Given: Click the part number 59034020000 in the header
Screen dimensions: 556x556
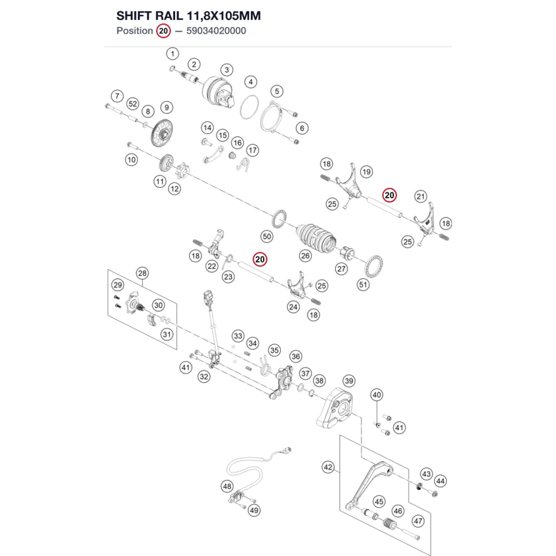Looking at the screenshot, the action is point(216,31).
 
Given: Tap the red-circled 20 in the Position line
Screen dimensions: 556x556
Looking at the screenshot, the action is point(163,31).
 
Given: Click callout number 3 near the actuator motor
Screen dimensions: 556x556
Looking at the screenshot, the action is point(227,69).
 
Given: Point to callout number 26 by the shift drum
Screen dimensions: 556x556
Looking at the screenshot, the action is point(305,256).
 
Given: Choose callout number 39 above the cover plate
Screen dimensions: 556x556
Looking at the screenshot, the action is point(349,381).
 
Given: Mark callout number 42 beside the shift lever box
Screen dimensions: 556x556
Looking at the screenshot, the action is point(328,467).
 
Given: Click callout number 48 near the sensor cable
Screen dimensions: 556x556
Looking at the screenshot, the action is point(227,486).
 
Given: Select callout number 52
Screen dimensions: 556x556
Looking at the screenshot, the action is point(133,104).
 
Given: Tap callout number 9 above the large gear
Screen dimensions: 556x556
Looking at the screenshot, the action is point(167,107).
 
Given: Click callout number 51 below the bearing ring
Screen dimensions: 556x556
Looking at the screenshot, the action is point(363,284).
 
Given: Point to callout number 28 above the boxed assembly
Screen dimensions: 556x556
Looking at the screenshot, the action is point(142,273).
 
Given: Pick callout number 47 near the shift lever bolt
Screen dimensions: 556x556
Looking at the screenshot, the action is point(418,521).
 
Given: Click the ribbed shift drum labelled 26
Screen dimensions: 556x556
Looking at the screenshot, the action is point(316,238).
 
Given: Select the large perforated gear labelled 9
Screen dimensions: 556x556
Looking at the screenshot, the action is point(162,133).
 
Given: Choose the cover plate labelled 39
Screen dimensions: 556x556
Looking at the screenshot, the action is point(335,408).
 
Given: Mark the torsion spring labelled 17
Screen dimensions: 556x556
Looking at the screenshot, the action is point(244,164).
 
